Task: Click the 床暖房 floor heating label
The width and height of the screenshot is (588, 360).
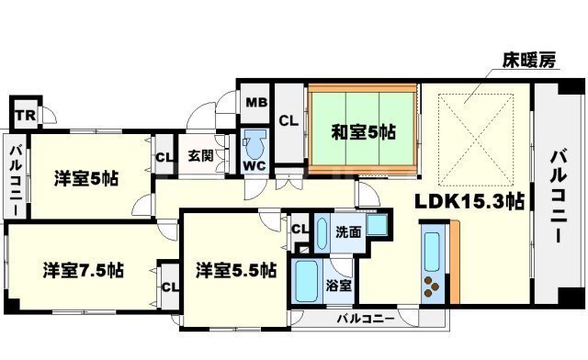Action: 529,60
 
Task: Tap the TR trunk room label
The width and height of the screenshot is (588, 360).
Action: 26,115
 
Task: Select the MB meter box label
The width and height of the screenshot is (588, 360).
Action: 256,102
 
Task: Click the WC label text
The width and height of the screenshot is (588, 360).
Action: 254,165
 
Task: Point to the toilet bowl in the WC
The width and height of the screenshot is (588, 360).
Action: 255,145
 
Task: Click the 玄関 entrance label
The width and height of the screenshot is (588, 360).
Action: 200,155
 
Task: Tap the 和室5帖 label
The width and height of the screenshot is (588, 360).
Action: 363,132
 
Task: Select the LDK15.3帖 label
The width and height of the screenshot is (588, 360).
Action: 469,202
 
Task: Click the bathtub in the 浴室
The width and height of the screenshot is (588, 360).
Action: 307,281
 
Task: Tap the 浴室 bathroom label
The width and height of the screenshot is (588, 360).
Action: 338,286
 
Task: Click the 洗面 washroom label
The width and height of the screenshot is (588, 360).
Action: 348,232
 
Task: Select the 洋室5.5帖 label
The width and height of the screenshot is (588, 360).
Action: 236,270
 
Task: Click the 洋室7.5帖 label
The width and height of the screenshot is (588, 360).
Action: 84,270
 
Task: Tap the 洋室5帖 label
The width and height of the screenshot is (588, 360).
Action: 86,178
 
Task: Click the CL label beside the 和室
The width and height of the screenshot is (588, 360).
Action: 288,120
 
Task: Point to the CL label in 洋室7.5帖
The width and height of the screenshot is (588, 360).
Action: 170,287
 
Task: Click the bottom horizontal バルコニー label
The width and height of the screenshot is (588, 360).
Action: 366,319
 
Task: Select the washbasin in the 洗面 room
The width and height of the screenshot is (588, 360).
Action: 378,225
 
